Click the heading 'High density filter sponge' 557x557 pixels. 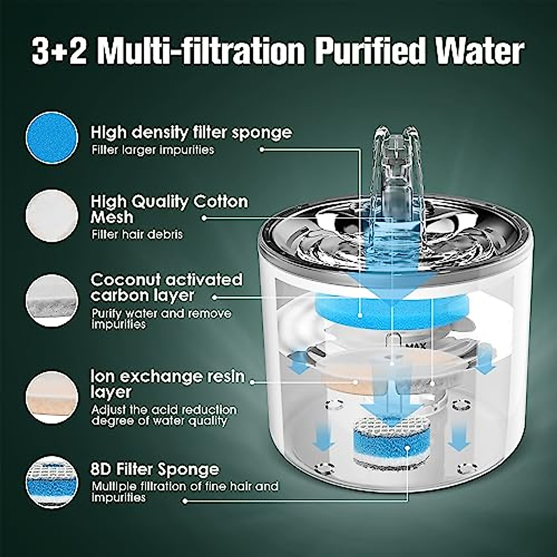[x=191, y=133]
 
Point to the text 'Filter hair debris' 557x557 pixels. [x=137, y=234]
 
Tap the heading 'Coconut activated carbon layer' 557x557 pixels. [x=166, y=287]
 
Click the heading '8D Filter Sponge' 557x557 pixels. [x=155, y=469]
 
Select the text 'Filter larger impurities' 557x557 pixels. [x=153, y=150]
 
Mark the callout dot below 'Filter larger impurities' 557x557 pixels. [x=262, y=149]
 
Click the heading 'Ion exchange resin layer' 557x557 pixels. [x=167, y=383]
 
